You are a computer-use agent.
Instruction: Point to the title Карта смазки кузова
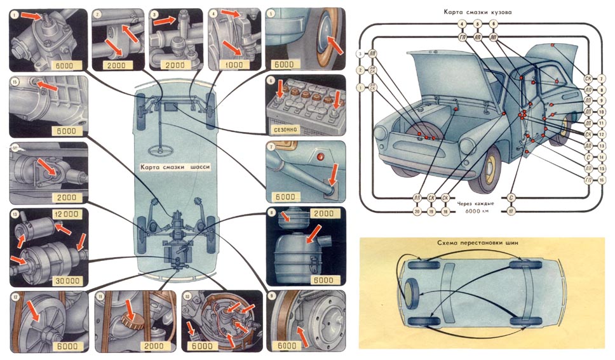[480, 12]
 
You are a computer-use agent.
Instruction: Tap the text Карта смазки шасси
[176, 168]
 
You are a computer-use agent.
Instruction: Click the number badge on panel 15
[15, 81]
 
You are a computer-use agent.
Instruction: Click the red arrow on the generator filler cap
[129, 310]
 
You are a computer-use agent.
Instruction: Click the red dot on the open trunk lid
[554, 46]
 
